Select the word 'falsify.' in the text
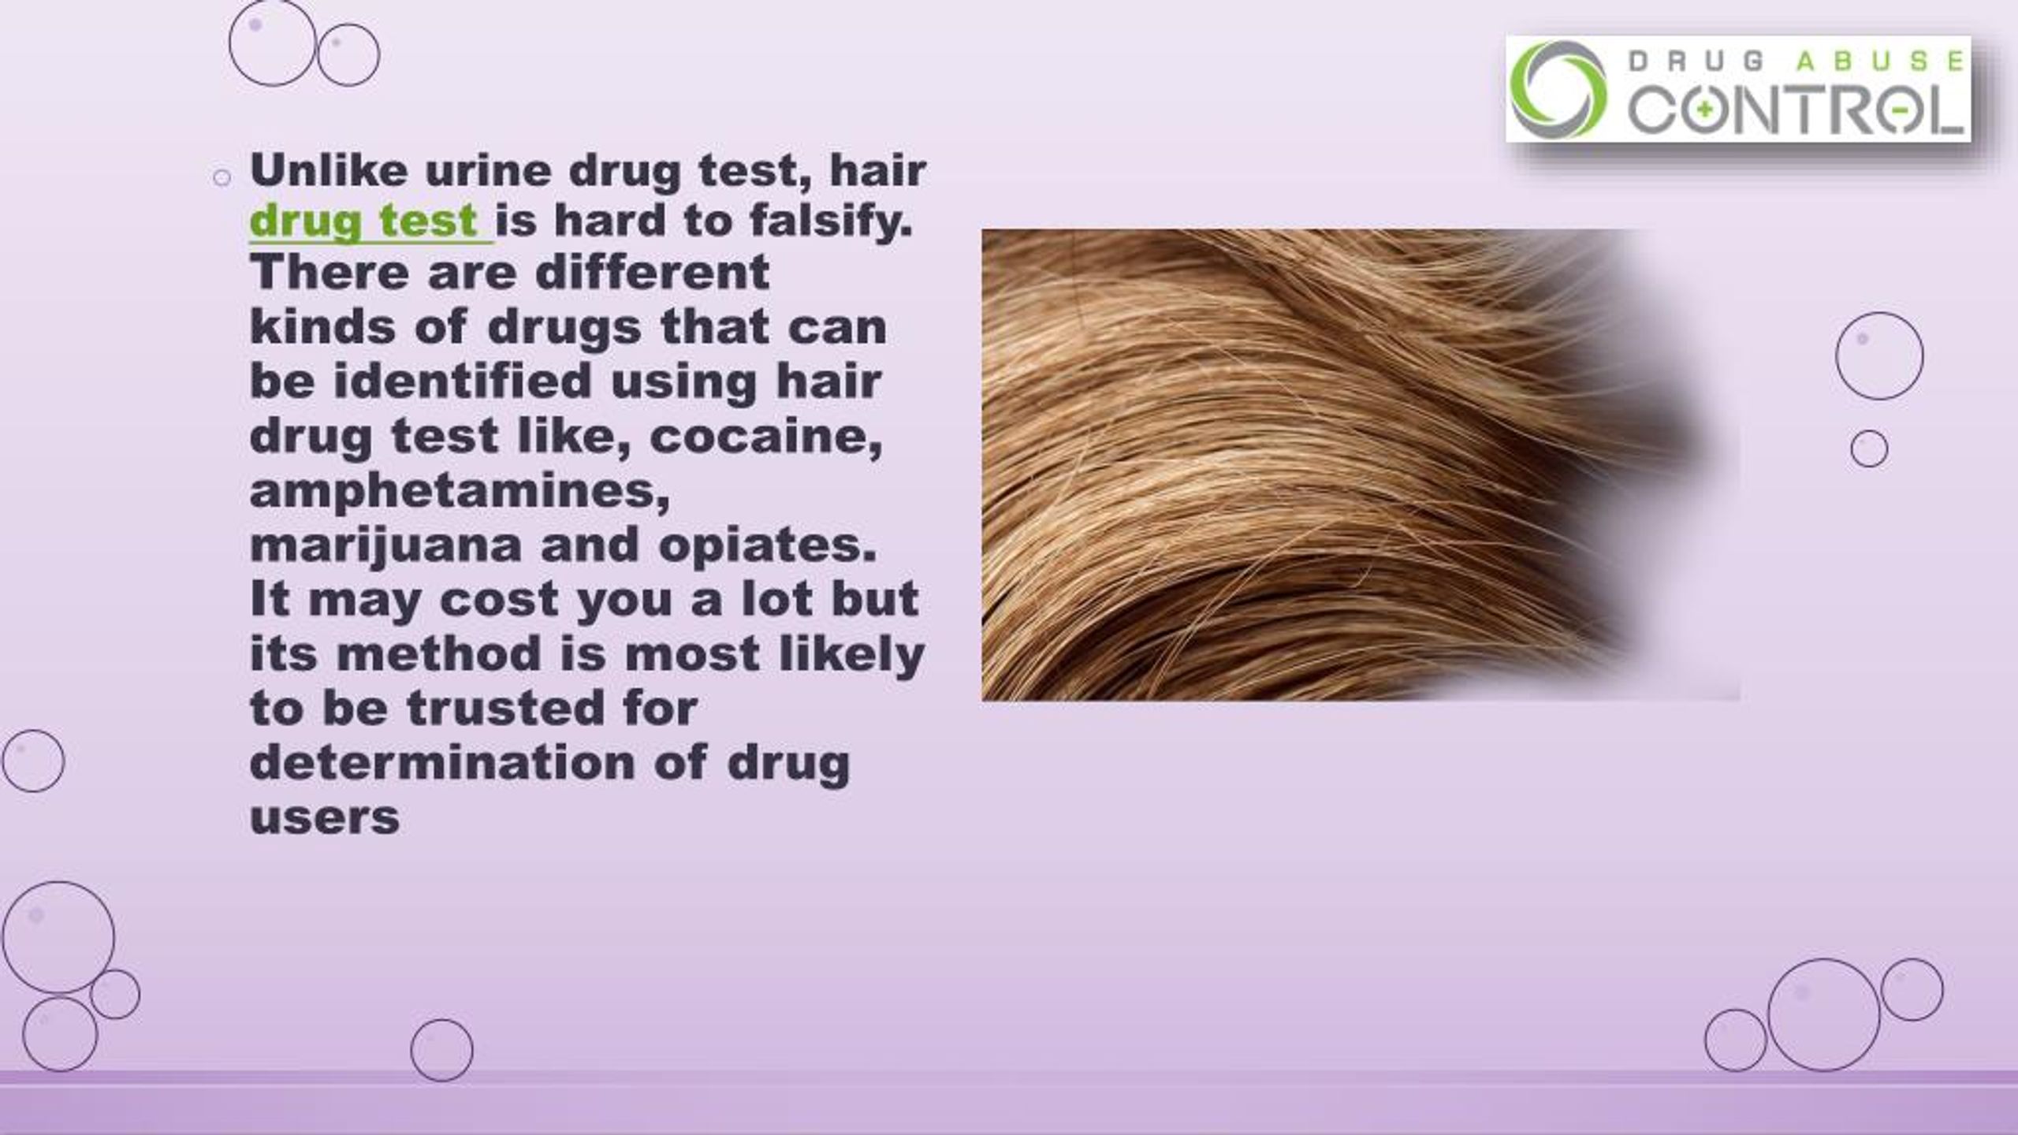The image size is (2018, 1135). [x=831, y=221]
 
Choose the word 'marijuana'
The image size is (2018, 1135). [x=385, y=545]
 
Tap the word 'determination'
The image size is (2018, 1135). [x=441, y=762]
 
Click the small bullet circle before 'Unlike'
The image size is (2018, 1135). [x=222, y=178]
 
